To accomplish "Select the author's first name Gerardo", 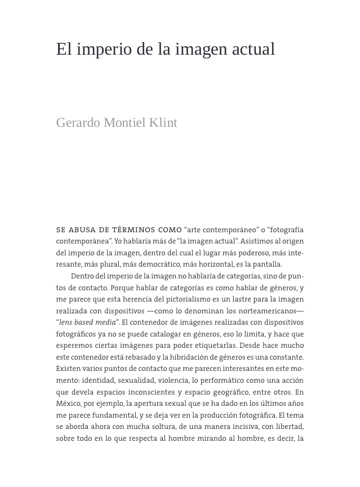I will click(78, 123).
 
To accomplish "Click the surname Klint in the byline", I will click(163, 123).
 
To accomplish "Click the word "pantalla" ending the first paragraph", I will click(267, 264).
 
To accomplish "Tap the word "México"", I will click(69, 404).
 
